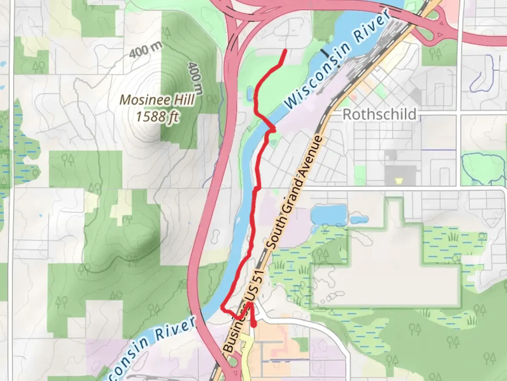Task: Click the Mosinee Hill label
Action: coord(157,100)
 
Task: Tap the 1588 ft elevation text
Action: coord(157,116)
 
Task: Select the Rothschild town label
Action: coord(379,114)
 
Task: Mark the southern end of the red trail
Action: coord(254,326)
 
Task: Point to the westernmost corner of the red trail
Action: coord(222,308)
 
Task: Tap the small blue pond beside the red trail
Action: coord(249,93)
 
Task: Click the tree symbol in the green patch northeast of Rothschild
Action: coord(436,54)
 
